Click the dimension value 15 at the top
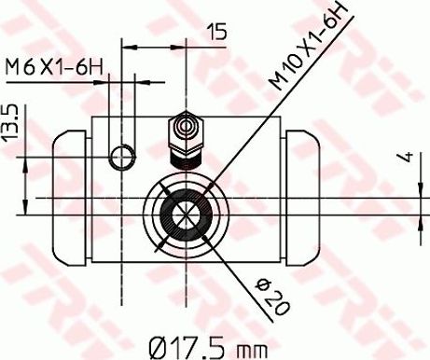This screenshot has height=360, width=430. coord(217,32)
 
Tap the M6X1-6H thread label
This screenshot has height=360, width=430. coord(54,67)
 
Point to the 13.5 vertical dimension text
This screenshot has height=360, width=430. coord(11,124)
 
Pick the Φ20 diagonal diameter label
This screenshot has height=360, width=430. coord(271,297)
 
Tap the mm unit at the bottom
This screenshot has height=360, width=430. coord(252,351)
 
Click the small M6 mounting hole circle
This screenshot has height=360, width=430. coord(122,157)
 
